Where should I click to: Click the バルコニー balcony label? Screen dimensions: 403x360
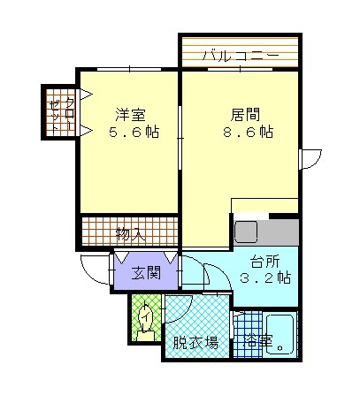[x=240, y=56]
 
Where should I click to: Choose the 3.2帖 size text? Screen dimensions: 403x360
[x=265, y=278]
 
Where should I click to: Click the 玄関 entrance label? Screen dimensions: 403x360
[x=146, y=272]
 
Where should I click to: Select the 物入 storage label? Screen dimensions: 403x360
[x=130, y=234]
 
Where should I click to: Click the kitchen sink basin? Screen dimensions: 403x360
[x=245, y=233]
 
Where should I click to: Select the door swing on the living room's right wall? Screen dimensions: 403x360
[x=311, y=159]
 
